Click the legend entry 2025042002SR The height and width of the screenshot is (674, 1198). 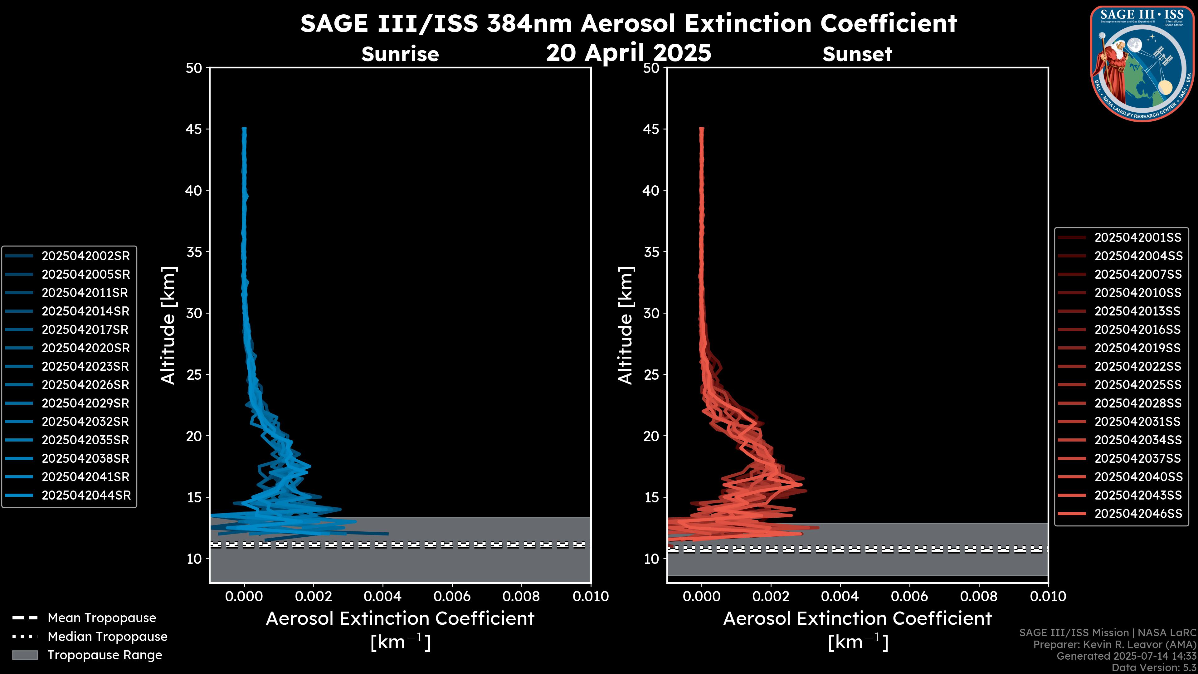coord(85,256)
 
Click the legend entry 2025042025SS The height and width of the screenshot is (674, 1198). coord(1137,385)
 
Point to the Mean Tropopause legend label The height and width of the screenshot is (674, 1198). coord(102,618)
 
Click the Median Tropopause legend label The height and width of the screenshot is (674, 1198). coord(107,636)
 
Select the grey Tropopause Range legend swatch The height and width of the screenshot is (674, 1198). coord(25,655)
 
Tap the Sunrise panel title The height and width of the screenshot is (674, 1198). coord(400,54)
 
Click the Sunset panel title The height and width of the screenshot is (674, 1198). coord(857,54)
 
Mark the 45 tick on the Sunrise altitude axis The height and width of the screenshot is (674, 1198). coord(194,129)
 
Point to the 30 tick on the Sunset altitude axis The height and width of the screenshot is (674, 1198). coord(651,313)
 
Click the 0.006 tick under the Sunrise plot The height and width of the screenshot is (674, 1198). coord(452,596)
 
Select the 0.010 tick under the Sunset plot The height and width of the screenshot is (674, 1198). coord(1048,596)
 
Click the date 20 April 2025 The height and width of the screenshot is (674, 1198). coord(628,52)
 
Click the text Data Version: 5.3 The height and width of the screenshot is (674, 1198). coord(1154,667)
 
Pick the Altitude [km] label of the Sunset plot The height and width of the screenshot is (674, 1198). coord(626,325)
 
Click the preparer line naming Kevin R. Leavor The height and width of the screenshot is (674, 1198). coord(1114,644)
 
